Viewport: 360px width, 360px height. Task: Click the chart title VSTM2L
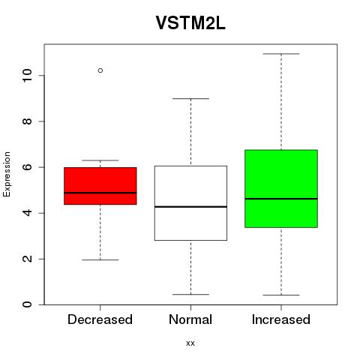click(x=190, y=23)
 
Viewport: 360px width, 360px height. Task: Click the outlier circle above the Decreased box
click(x=100, y=70)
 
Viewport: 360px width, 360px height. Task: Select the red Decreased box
click(x=100, y=186)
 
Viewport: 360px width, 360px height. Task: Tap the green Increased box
click(x=281, y=189)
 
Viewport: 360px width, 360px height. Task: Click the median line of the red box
click(x=100, y=193)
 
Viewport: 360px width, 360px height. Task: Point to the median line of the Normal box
click(x=190, y=207)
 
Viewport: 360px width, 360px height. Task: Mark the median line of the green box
click(x=281, y=199)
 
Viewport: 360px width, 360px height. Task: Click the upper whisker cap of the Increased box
click(x=281, y=54)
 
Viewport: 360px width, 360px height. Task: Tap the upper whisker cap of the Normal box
click(x=190, y=99)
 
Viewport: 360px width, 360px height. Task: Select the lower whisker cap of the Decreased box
click(x=100, y=260)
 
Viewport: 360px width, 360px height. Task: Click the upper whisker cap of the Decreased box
click(x=100, y=160)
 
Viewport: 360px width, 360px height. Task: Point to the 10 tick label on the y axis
click(x=27, y=76)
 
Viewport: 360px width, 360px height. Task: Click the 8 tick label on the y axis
click(x=27, y=121)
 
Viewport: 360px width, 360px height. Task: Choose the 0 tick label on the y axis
click(x=27, y=304)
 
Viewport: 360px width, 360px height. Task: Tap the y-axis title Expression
click(x=7, y=174)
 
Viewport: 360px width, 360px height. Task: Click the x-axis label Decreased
click(x=100, y=319)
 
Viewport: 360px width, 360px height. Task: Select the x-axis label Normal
click(x=190, y=319)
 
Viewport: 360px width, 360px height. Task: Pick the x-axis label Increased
click(x=281, y=319)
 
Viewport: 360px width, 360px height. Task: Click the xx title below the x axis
click(x=190, y=343)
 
